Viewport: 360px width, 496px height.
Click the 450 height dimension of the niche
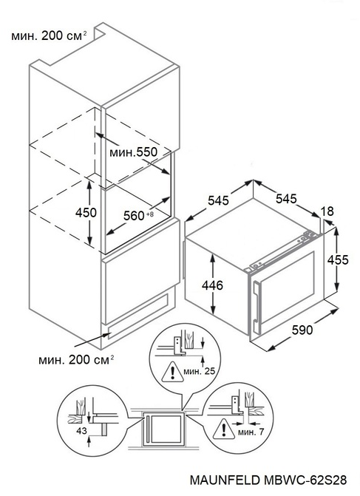[x=86, y=213]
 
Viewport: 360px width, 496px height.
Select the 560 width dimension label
[x=134, y=216]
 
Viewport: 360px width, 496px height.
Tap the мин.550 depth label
[x=133, y=152]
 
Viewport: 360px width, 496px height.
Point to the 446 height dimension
[x=212, y=285]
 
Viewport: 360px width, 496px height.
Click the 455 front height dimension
[x=338, y=259]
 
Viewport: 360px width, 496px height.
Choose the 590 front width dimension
[x=302, y=330]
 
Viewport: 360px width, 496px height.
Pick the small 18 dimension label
[x=327, y=211]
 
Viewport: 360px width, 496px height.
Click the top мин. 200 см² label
[x=49, y=35]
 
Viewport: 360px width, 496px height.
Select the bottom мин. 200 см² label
[x=76, y=360]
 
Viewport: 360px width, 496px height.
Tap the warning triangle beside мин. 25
[x=172, y=372]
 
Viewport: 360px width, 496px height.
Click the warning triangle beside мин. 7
[x=224, y=429]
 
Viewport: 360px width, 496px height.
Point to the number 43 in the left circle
[x=81, y=430]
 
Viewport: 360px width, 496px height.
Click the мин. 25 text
[x=200, y=371]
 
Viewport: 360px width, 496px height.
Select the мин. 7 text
[x=251, y=432]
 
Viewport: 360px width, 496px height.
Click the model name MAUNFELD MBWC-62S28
[x=268, y=480]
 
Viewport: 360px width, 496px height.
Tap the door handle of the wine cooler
[x=257, y=306]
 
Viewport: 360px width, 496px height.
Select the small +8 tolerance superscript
[x=149, y=214]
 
